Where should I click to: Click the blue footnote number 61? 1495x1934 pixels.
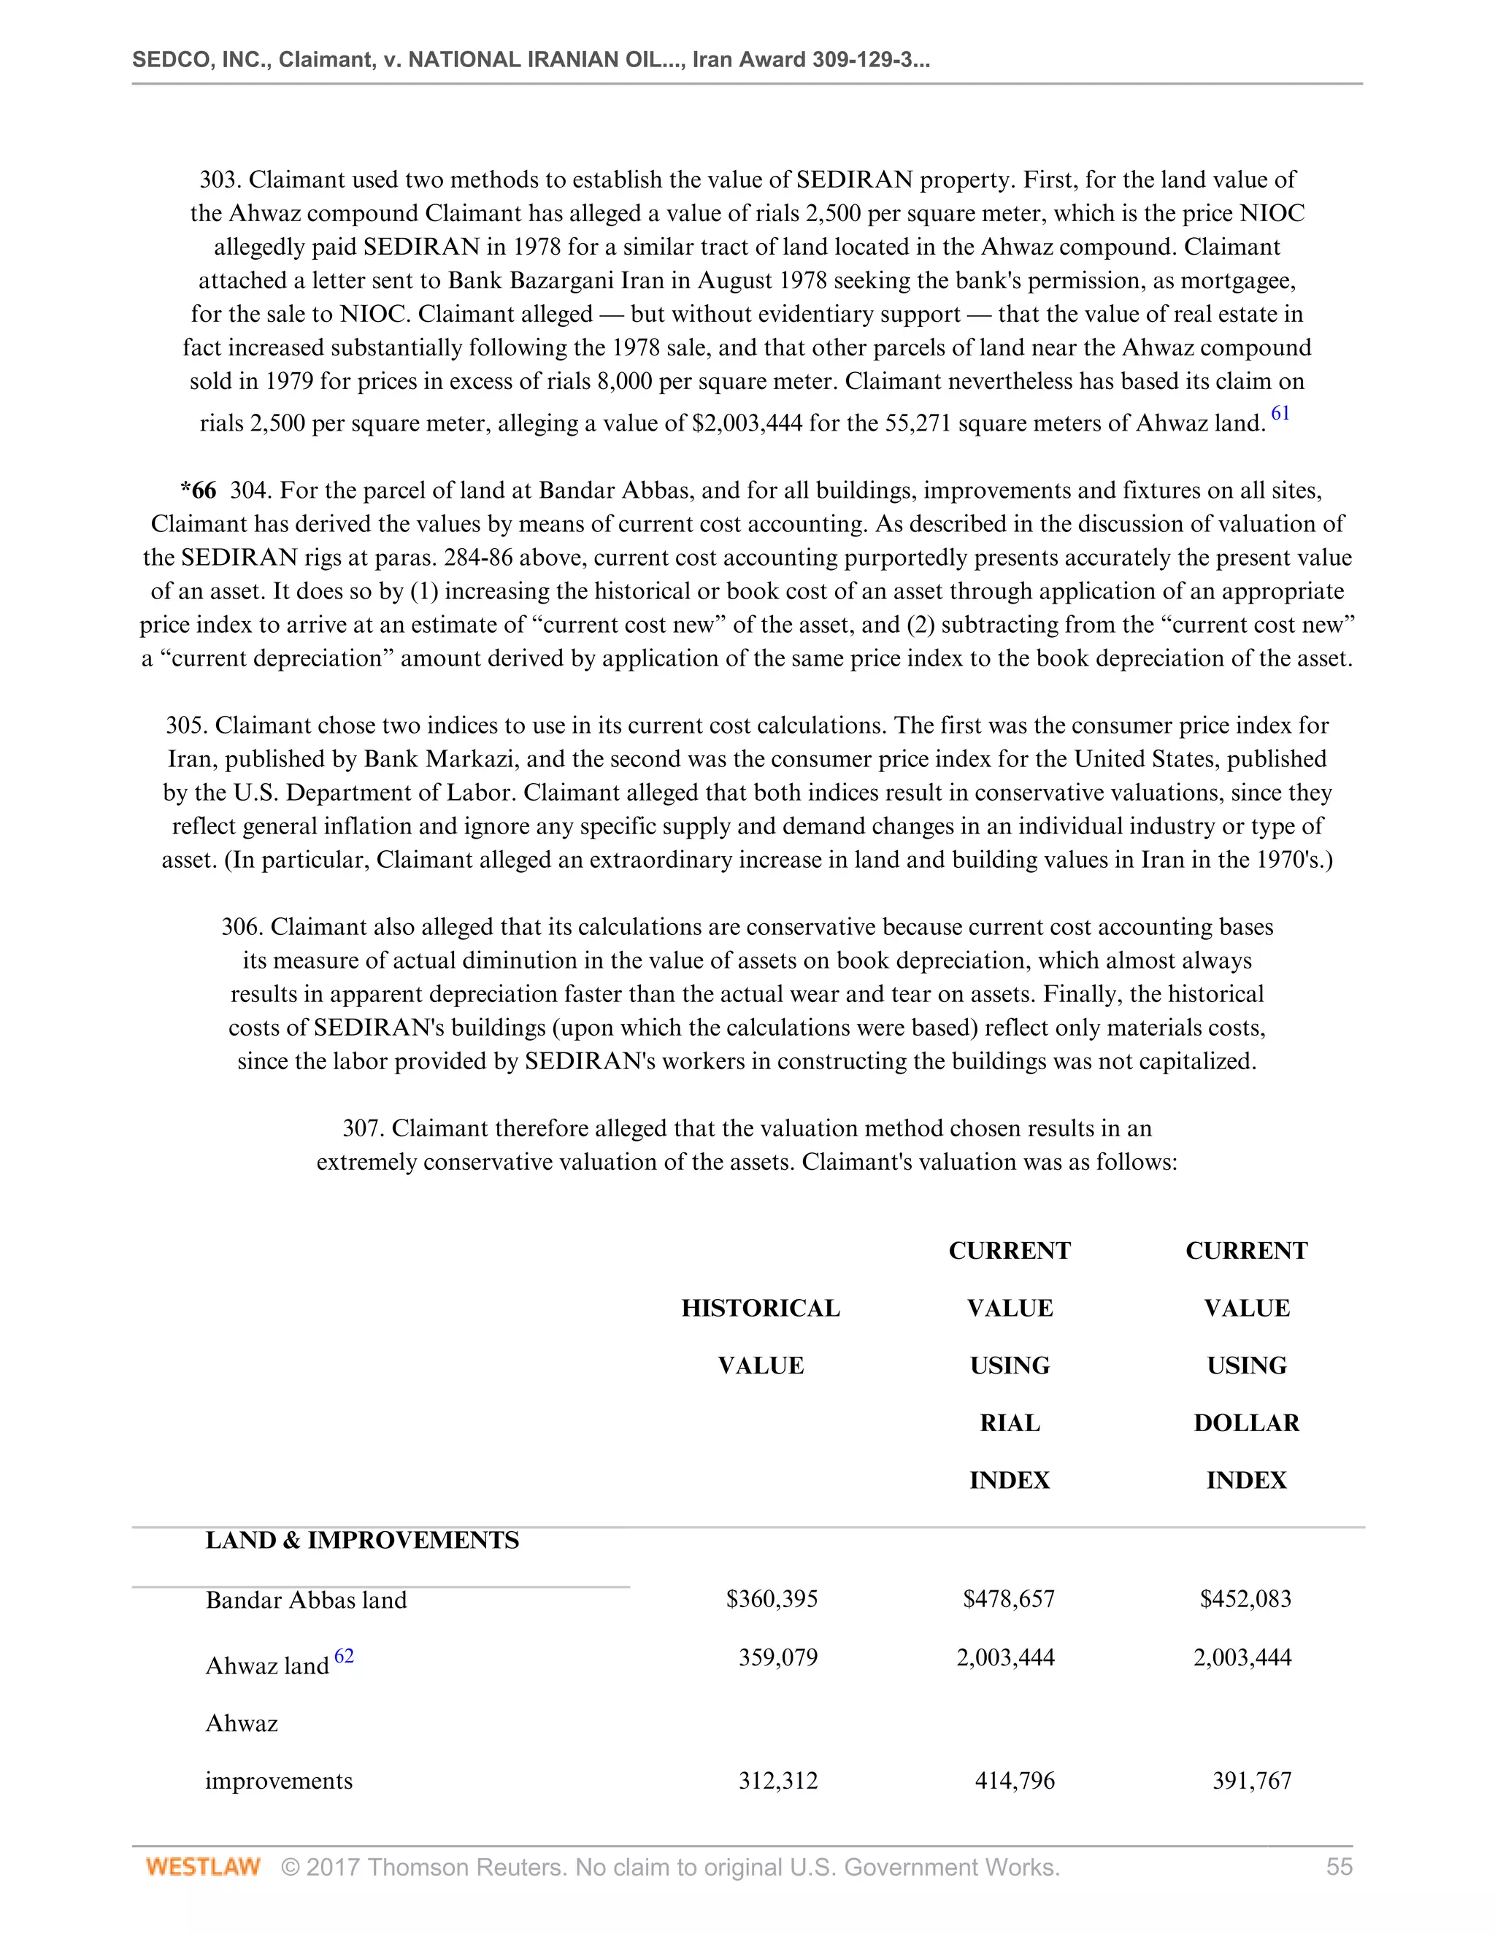1280,412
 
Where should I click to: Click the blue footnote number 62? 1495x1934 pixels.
344,1655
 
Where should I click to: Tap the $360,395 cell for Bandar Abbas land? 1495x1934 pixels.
772,1598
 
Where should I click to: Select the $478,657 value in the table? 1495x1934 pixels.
1009,1598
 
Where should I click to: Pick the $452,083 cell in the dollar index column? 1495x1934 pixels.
1245,1598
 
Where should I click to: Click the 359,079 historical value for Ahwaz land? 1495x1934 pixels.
777,1657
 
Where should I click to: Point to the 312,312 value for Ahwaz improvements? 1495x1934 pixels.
777,1780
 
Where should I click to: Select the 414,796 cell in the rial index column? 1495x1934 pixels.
1014,1780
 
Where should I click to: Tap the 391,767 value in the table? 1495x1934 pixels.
1251,1780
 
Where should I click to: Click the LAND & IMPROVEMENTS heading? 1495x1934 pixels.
362,1540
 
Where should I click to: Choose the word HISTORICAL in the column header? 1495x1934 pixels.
760,1308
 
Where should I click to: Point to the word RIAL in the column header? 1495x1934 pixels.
1009,1423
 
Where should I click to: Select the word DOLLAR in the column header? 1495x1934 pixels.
1246,1423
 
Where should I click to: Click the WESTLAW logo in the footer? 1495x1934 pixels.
203,1867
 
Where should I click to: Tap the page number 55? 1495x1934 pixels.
1339,1867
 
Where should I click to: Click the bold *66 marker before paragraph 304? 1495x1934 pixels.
198,490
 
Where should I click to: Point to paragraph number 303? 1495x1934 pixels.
220,180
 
